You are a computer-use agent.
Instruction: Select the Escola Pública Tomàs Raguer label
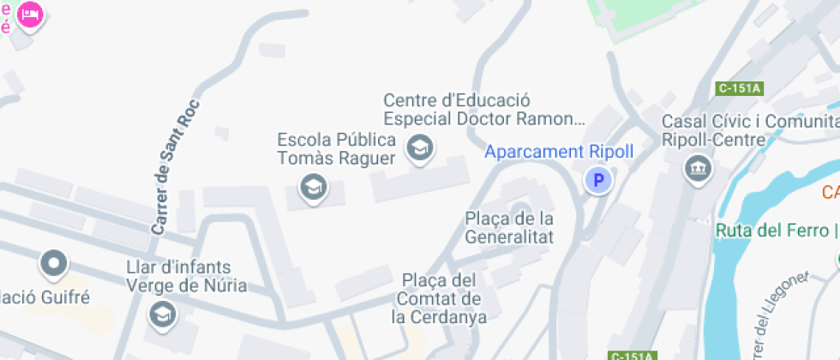[x=336, y=149]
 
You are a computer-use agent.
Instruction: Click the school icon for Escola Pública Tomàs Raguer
[x=313, y=186]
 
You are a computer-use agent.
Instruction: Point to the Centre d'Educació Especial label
[x=483, y=110]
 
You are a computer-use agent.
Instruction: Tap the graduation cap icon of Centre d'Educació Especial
[x=419, y=147]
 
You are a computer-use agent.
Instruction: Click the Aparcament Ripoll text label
[x=559, y=152]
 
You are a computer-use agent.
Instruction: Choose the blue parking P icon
[x=599, y=180]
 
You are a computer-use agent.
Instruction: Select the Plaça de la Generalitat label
[x=509, y=227]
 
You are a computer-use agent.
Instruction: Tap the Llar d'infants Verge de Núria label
[x=186, y=276]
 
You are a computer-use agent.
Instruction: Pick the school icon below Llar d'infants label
[x=160, y=314]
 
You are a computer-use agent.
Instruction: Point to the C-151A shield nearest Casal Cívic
[x=740, y=87]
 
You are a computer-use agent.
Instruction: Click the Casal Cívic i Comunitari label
[x=750, y=122]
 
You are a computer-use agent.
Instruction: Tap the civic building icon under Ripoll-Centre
[x=697, y=168]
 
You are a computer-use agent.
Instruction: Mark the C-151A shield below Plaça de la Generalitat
[x=632, y=355]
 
